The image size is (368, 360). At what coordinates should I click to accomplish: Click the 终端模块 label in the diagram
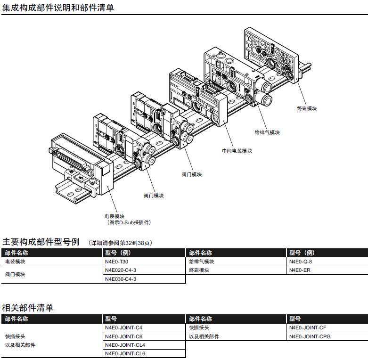[307, 108]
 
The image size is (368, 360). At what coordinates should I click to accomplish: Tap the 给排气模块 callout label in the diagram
[267, 132]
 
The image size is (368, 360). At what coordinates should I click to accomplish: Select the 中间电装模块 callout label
[237, 151]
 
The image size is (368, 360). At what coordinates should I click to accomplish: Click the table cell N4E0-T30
[117, 262]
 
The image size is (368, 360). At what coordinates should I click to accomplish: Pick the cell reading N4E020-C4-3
[121, 270]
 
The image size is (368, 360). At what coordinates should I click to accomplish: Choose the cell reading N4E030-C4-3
[121, 279]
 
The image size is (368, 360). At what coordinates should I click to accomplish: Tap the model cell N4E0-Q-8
[301, 262]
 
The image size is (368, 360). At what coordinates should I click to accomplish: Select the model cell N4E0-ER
[300, 270]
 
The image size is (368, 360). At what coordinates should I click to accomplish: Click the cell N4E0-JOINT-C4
[123, 327]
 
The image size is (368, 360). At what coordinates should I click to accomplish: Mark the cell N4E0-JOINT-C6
[123, 336]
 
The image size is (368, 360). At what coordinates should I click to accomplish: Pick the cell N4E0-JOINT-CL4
[125, 345]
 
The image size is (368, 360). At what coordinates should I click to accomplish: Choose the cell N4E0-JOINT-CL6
[125, 353]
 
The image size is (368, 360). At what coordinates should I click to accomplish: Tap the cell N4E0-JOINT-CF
[308, 327]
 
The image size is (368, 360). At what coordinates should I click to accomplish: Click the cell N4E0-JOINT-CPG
[310, 336]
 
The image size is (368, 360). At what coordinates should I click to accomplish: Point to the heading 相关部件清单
[28, 308]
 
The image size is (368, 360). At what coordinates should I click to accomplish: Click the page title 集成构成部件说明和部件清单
[58, 8]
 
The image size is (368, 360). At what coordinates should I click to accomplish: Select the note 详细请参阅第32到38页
[120, 243]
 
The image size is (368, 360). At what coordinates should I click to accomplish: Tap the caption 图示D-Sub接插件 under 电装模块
[129, 222]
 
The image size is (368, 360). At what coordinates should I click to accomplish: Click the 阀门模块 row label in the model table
[15, 274]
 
